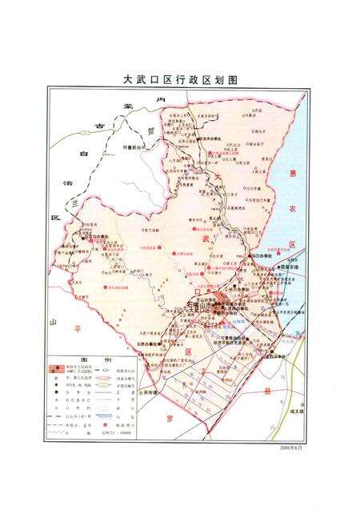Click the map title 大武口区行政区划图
(180, 80)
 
